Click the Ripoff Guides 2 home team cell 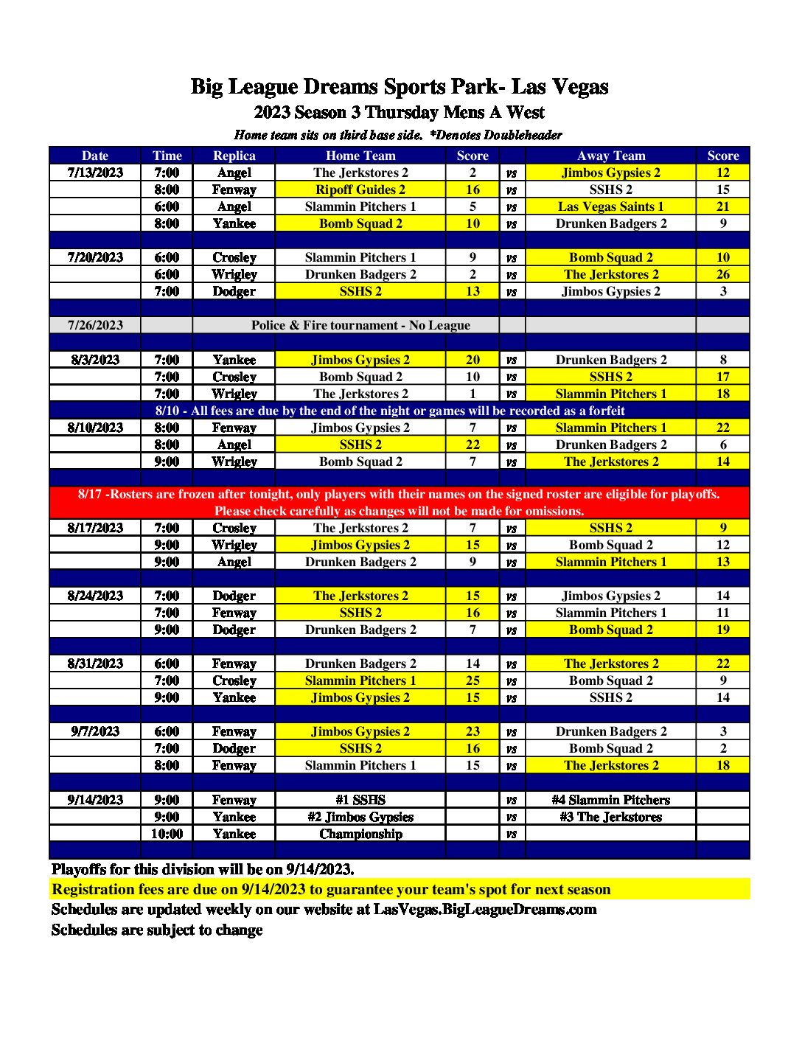360,189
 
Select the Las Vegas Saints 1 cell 610,206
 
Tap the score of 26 722,274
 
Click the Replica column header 234,156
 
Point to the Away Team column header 610,156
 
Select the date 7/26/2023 95,325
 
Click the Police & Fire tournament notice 360,325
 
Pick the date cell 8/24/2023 95,596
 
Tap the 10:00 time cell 167,834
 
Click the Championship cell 360,834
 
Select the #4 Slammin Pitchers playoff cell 610,800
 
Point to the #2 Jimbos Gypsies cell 360,817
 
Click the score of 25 473,680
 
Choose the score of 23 473,731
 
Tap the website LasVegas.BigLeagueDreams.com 485,909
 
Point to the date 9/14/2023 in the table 95,800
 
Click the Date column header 95,156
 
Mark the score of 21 722,206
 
